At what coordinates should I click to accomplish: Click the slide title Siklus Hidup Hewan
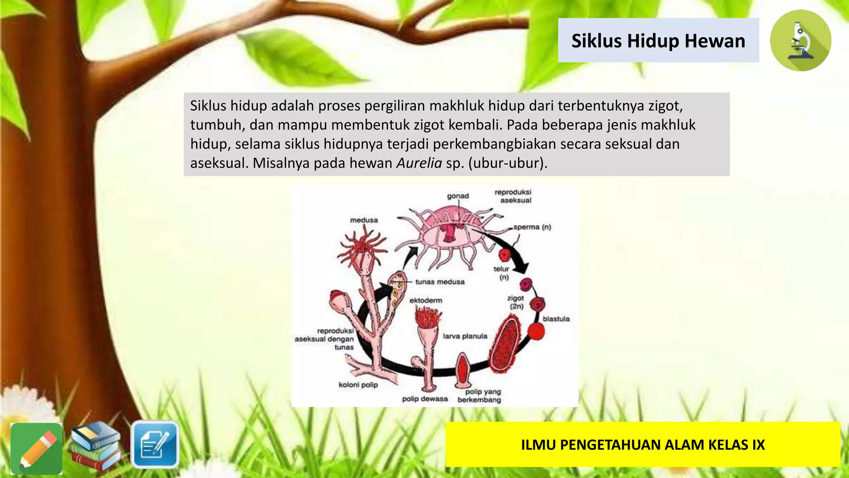point(658,41)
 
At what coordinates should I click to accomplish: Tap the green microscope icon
point(800,41)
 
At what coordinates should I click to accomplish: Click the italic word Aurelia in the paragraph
point(419,163)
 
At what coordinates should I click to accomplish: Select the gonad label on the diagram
point(458,196)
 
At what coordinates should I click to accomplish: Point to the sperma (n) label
point(532,227)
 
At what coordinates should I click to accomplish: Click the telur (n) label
point(502,273)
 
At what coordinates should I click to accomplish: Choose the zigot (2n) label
point(516,302)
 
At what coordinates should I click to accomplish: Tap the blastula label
point(556,319)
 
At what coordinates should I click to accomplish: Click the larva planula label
point(465,336)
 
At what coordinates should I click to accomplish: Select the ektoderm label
point(426,300)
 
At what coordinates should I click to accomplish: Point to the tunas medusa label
point(440,282)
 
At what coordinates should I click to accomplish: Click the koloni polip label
point(358,385)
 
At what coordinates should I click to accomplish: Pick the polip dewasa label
point(425,399)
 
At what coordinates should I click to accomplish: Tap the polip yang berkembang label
point(480,395)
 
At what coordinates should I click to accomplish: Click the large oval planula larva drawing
point(505,343)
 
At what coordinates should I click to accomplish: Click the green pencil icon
point(36,449)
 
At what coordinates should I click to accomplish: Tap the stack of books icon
point(95,446)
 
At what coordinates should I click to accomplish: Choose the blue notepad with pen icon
point(155,444)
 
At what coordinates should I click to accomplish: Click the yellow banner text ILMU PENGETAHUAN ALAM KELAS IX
point(643,445)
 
